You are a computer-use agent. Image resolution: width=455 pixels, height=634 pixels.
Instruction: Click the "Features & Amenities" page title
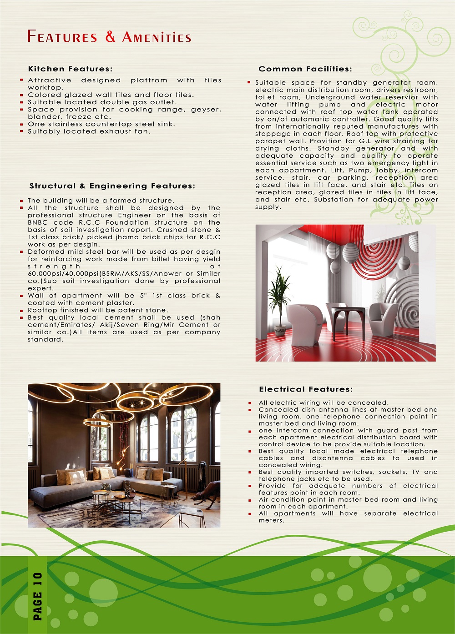pyautogui.click(x=109, y=37)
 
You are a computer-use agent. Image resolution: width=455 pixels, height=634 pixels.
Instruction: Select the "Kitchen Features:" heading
pyautogui.click(x=70, y=69)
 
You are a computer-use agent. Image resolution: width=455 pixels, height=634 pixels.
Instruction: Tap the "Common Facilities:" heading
pyautogui.click(x=305, y=69)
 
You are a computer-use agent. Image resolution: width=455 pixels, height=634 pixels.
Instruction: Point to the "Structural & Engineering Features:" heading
pyautogui.click(x=112, y=186)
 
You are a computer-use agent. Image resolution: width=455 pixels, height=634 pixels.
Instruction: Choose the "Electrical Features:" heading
pyautogui.click(x=306, y=389)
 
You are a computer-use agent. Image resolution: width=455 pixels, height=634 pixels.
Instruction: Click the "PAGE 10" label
pyautogui.click(x=38, y=596)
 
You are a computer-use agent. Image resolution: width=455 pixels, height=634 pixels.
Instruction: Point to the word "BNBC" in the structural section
pyautogui.click(x=38, y=222)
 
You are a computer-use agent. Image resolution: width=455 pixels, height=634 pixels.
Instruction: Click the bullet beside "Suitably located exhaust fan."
pyautogui.click(x=21, y=131)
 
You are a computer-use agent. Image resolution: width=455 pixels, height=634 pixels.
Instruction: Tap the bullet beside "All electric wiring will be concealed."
pyautogui.click(x=250, y=403)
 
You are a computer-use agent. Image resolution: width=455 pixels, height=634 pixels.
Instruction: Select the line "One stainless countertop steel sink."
pyautogui.click(x=101, y=124)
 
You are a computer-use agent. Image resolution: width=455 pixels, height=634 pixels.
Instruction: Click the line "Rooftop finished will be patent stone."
pyautogui.click(x=98, y=310)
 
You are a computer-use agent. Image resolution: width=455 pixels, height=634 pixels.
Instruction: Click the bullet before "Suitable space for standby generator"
pyautogui.click(x=249, y=83)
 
